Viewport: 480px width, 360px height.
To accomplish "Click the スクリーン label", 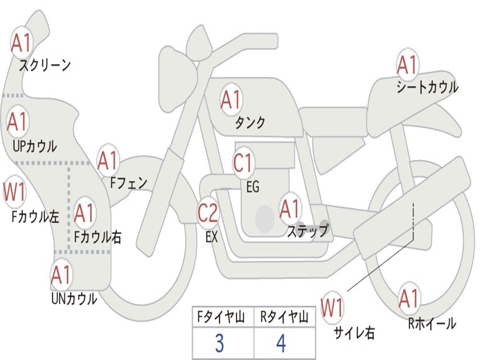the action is (x=45, y=65).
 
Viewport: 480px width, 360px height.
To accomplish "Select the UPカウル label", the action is (x=35, y=146).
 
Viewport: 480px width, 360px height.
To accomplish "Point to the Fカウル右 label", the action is (x=98, y=237).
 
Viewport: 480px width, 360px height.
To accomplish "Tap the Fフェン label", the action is (x=128, y=182).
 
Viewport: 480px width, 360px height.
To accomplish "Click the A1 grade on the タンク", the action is (x=231, y=99).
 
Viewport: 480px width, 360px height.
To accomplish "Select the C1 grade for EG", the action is (x=243, y=163).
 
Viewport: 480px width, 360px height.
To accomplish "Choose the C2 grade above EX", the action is (x=208, y=213).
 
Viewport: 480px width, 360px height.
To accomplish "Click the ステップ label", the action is (x=308, y=231).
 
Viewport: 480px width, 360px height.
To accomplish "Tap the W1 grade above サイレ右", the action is (x=332, y=308).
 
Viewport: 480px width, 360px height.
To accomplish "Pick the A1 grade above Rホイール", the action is (x=409, y=299).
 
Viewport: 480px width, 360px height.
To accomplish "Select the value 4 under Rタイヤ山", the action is (x=281, y=344).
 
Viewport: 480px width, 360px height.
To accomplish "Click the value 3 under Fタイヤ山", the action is (x=219, y=344).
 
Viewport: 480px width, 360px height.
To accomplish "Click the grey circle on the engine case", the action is (x=265, y=218).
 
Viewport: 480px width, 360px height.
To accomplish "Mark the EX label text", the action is (x=211, y=237).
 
